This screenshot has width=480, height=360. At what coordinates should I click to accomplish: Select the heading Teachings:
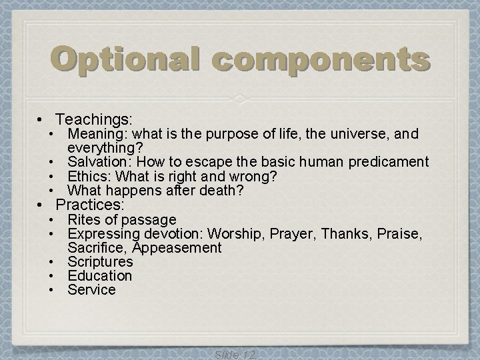95,119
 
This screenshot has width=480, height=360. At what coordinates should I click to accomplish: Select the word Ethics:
90,177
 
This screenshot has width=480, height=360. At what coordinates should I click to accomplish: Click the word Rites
83,219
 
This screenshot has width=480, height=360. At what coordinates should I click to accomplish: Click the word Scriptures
100,261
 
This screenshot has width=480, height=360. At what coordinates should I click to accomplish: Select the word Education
100,275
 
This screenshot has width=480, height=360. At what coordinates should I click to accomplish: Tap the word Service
91,290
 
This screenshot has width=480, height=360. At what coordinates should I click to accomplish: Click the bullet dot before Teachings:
41,120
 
